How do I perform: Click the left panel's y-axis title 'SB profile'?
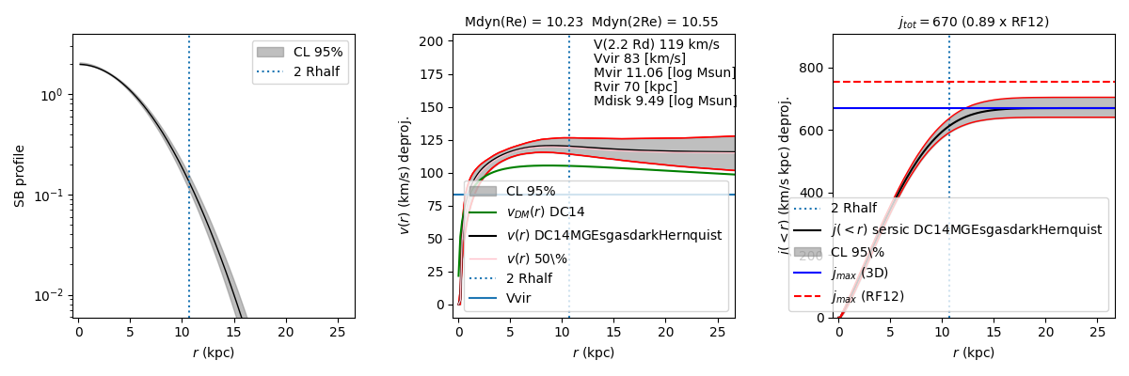pos(19,176)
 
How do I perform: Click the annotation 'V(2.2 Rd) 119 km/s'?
pos(656,44)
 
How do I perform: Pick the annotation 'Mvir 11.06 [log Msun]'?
pos(664,72)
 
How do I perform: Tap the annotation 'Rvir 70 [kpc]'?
pos(635,86)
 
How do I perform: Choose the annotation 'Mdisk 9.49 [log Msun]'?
pos(665,101)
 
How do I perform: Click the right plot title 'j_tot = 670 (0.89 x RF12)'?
pos(973,22)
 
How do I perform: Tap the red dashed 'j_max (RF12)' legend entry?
pos(867,296)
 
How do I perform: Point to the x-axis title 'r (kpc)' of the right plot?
pos(973,352)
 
